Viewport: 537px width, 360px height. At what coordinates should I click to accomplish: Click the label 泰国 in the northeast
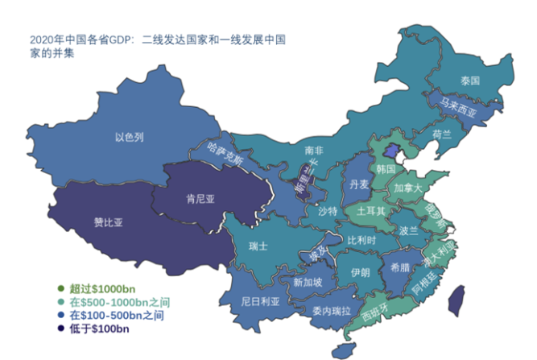click(470, 81)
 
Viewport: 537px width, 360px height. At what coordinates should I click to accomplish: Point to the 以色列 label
click(129, 138)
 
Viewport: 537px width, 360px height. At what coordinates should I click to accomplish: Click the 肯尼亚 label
click(200, 198)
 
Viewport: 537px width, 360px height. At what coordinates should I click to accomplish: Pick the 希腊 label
click(399, 267)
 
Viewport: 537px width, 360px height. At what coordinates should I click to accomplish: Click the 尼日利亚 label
click(260, 302)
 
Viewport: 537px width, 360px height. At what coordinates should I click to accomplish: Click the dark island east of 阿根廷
click(455, 300)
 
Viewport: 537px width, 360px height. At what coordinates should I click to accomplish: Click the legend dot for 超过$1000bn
click(60, 288)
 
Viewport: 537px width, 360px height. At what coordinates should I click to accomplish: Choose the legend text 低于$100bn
click(99, 328)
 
